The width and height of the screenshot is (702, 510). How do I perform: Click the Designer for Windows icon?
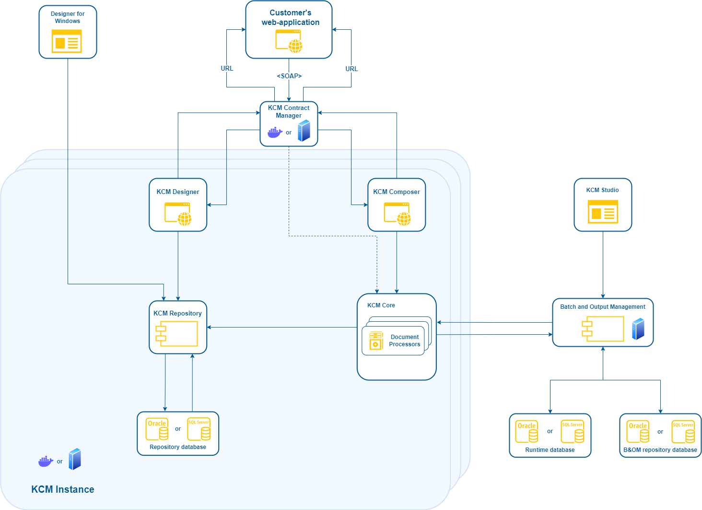point(67,41)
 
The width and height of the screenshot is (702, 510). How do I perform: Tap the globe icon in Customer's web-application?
point(295,46)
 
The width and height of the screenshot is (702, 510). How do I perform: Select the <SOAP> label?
point(289,76)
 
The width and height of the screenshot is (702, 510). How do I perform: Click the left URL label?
point(227,69)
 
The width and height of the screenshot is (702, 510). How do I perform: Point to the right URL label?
point(351,69)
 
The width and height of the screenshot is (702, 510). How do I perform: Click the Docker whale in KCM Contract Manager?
point(275,133)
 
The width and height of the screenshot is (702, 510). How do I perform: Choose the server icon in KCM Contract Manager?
point(304,131)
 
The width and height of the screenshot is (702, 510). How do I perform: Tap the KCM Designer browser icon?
point(178,214)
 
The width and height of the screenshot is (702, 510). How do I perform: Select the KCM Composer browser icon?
point(397,214)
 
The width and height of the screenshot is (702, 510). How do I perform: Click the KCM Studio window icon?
point(603,212)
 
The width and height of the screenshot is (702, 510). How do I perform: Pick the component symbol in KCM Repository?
point(176,334)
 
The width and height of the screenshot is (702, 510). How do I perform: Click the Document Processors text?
point(404,340)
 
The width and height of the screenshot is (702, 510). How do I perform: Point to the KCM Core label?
point(381,305)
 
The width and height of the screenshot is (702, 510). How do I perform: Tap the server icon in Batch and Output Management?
point(638,329)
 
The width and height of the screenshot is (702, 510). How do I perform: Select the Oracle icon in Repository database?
point(157,429)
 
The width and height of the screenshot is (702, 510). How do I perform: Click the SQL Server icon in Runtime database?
point(573,431)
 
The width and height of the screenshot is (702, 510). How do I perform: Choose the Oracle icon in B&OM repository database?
point(638,431)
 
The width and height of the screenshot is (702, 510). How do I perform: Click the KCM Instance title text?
point(63,489)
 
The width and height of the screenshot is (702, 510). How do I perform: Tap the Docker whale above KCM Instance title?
point(46,461)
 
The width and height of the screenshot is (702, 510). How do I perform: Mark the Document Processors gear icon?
point(376,341)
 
